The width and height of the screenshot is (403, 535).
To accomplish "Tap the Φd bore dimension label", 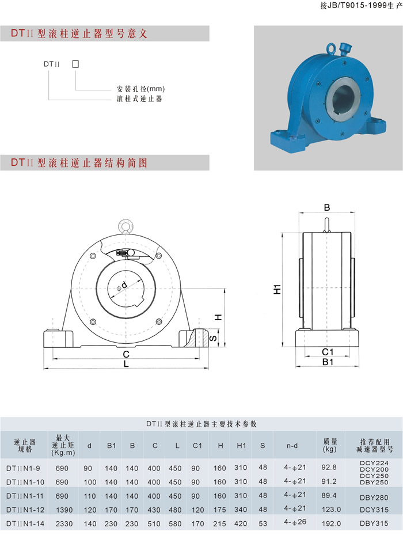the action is [121, 286].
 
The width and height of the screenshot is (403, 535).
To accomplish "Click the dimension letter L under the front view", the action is [126, 365].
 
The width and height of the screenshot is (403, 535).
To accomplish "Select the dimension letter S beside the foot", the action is [213, 338].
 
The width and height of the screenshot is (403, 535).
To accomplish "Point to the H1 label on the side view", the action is [277, 289].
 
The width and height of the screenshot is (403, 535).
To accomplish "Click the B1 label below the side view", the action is [328, 362].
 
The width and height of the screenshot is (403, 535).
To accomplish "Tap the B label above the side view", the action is [327, 207].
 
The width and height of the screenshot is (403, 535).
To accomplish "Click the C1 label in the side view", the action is [328, 352].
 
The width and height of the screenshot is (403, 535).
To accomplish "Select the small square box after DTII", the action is [75, 64].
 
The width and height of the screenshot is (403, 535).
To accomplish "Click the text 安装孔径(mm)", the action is [140, 89].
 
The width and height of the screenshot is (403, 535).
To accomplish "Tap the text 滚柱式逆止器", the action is [139, 99].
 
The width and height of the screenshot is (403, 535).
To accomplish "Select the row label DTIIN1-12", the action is [25, 510].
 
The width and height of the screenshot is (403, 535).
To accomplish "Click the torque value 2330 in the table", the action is [64, 523].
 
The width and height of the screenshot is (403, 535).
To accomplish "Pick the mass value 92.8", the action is [329, 467].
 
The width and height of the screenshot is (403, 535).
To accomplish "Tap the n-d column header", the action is [292, 446].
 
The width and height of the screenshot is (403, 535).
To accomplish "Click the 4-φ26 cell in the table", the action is [295, 522].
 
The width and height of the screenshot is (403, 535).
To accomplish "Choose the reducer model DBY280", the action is [374, 498].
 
